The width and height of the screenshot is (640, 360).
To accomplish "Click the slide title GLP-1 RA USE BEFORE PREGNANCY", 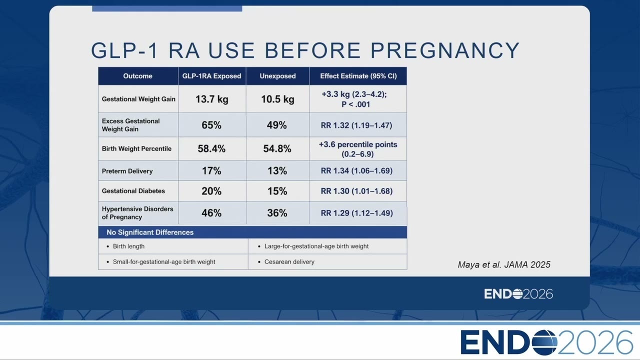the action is tap(305, 50).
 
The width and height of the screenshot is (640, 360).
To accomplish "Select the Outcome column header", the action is tap(137, 76).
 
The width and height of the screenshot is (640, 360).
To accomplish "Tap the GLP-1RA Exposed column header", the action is tap(211, 76).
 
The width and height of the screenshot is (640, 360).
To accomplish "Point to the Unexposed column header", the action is tap(277, 76).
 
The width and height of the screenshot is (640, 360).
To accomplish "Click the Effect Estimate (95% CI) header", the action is tap(358, 76).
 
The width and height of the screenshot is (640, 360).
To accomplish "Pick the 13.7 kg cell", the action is tap(211, 99).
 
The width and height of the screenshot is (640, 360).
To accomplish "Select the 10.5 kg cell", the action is tap(277, 99).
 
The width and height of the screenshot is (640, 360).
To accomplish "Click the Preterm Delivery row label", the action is tap(127, 171).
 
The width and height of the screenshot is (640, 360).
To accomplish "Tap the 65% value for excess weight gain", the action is tap(211, 125).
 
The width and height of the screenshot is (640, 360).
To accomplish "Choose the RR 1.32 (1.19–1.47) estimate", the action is tap(356, 125).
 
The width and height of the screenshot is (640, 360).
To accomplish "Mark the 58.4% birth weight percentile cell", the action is tap(211, 148).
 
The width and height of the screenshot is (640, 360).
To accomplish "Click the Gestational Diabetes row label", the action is tap(133, 191).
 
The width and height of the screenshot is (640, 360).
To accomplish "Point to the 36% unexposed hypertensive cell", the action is tap(277, 213).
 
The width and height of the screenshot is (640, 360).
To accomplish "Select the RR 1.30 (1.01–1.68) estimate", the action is tap(356, 191).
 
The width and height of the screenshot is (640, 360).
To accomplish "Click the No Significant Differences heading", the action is tap(150, 232).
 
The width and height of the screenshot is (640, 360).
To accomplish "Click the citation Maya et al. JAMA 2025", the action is tap(504, 264).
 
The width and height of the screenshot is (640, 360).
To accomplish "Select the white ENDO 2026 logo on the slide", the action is tap(518, 294).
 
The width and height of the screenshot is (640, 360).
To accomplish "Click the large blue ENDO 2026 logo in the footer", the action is tap(546, 342).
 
